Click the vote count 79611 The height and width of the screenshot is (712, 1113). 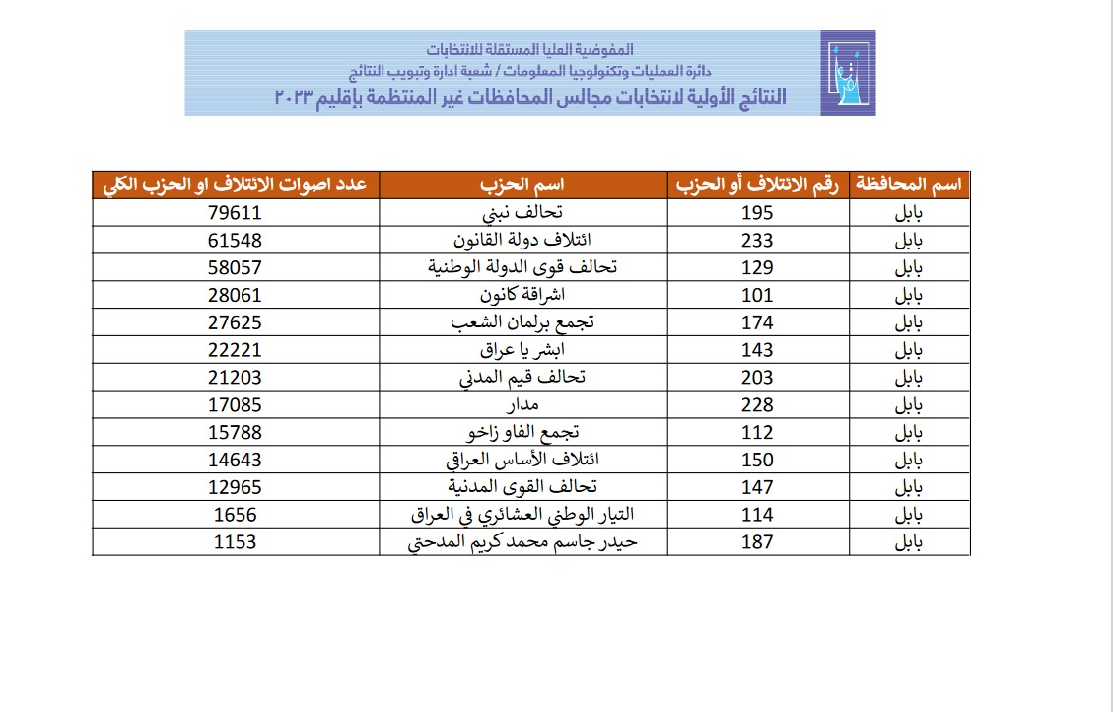click(236, 213)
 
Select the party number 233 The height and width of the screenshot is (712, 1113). click(758, 241)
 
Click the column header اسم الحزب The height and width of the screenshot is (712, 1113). click(524, 185)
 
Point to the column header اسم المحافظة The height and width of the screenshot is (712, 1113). click(912, 185)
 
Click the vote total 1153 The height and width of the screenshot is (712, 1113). click(236, 542)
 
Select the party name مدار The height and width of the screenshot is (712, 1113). click(524, 405)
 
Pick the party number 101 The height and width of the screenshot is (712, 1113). click(758, 295)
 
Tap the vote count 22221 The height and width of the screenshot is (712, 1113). click(236, 350)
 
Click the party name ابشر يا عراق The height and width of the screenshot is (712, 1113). click(524, 350)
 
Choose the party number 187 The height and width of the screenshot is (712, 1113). click(758, 542)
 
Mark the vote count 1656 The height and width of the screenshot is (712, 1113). click(236, 515)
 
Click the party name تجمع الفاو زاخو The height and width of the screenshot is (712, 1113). click(524, 433)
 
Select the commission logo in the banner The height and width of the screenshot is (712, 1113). click(847, 73)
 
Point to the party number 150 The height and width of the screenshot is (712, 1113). click(758, 460)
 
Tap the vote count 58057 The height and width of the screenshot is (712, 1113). click(236, 268)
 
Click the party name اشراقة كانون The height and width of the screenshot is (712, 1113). click(524, 295)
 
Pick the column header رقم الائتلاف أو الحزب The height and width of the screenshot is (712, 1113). click(758, 185)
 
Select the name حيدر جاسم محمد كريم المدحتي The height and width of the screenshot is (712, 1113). click(524, 542)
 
